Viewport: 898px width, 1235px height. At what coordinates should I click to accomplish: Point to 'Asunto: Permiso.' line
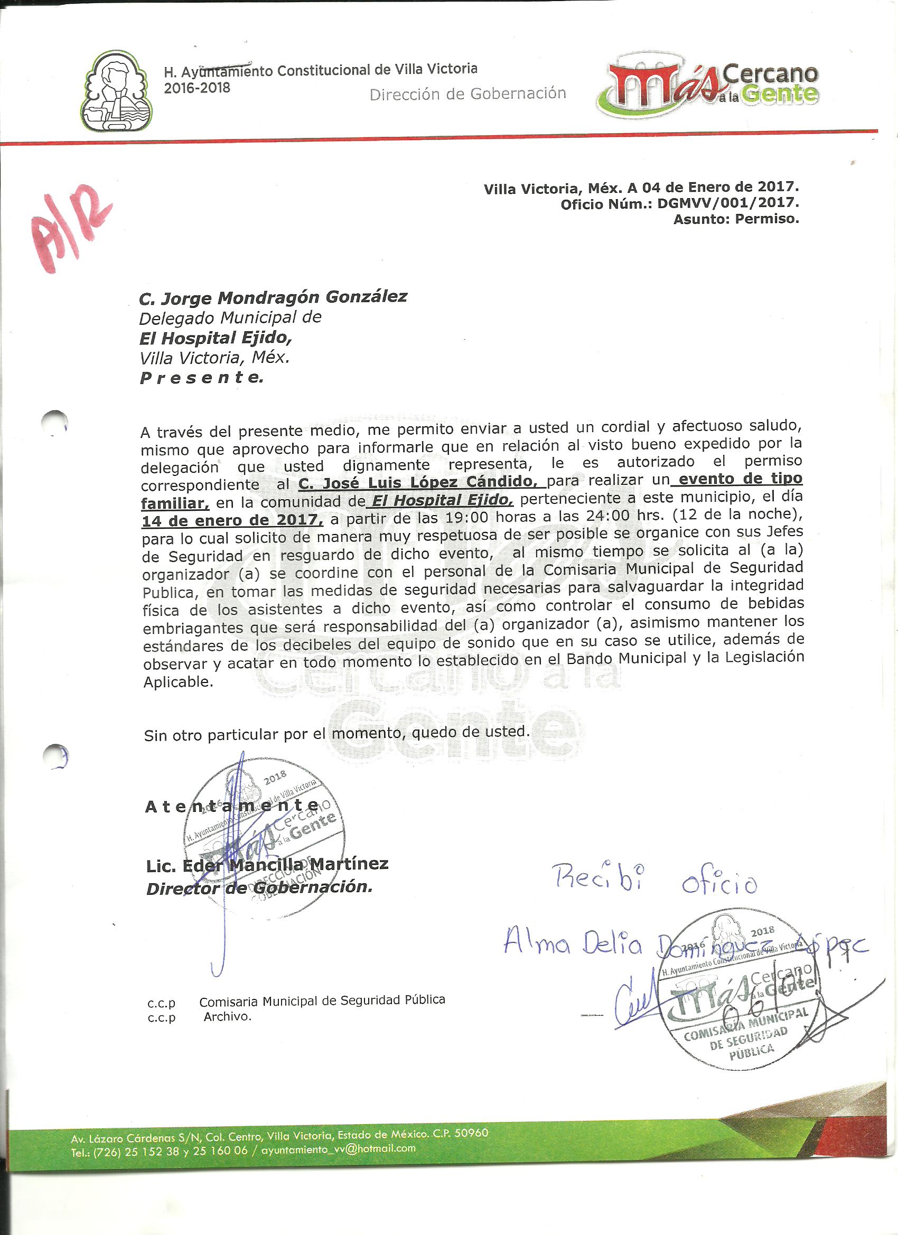point(736,220)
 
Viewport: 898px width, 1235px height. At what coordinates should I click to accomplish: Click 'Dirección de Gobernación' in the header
point(467,93)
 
